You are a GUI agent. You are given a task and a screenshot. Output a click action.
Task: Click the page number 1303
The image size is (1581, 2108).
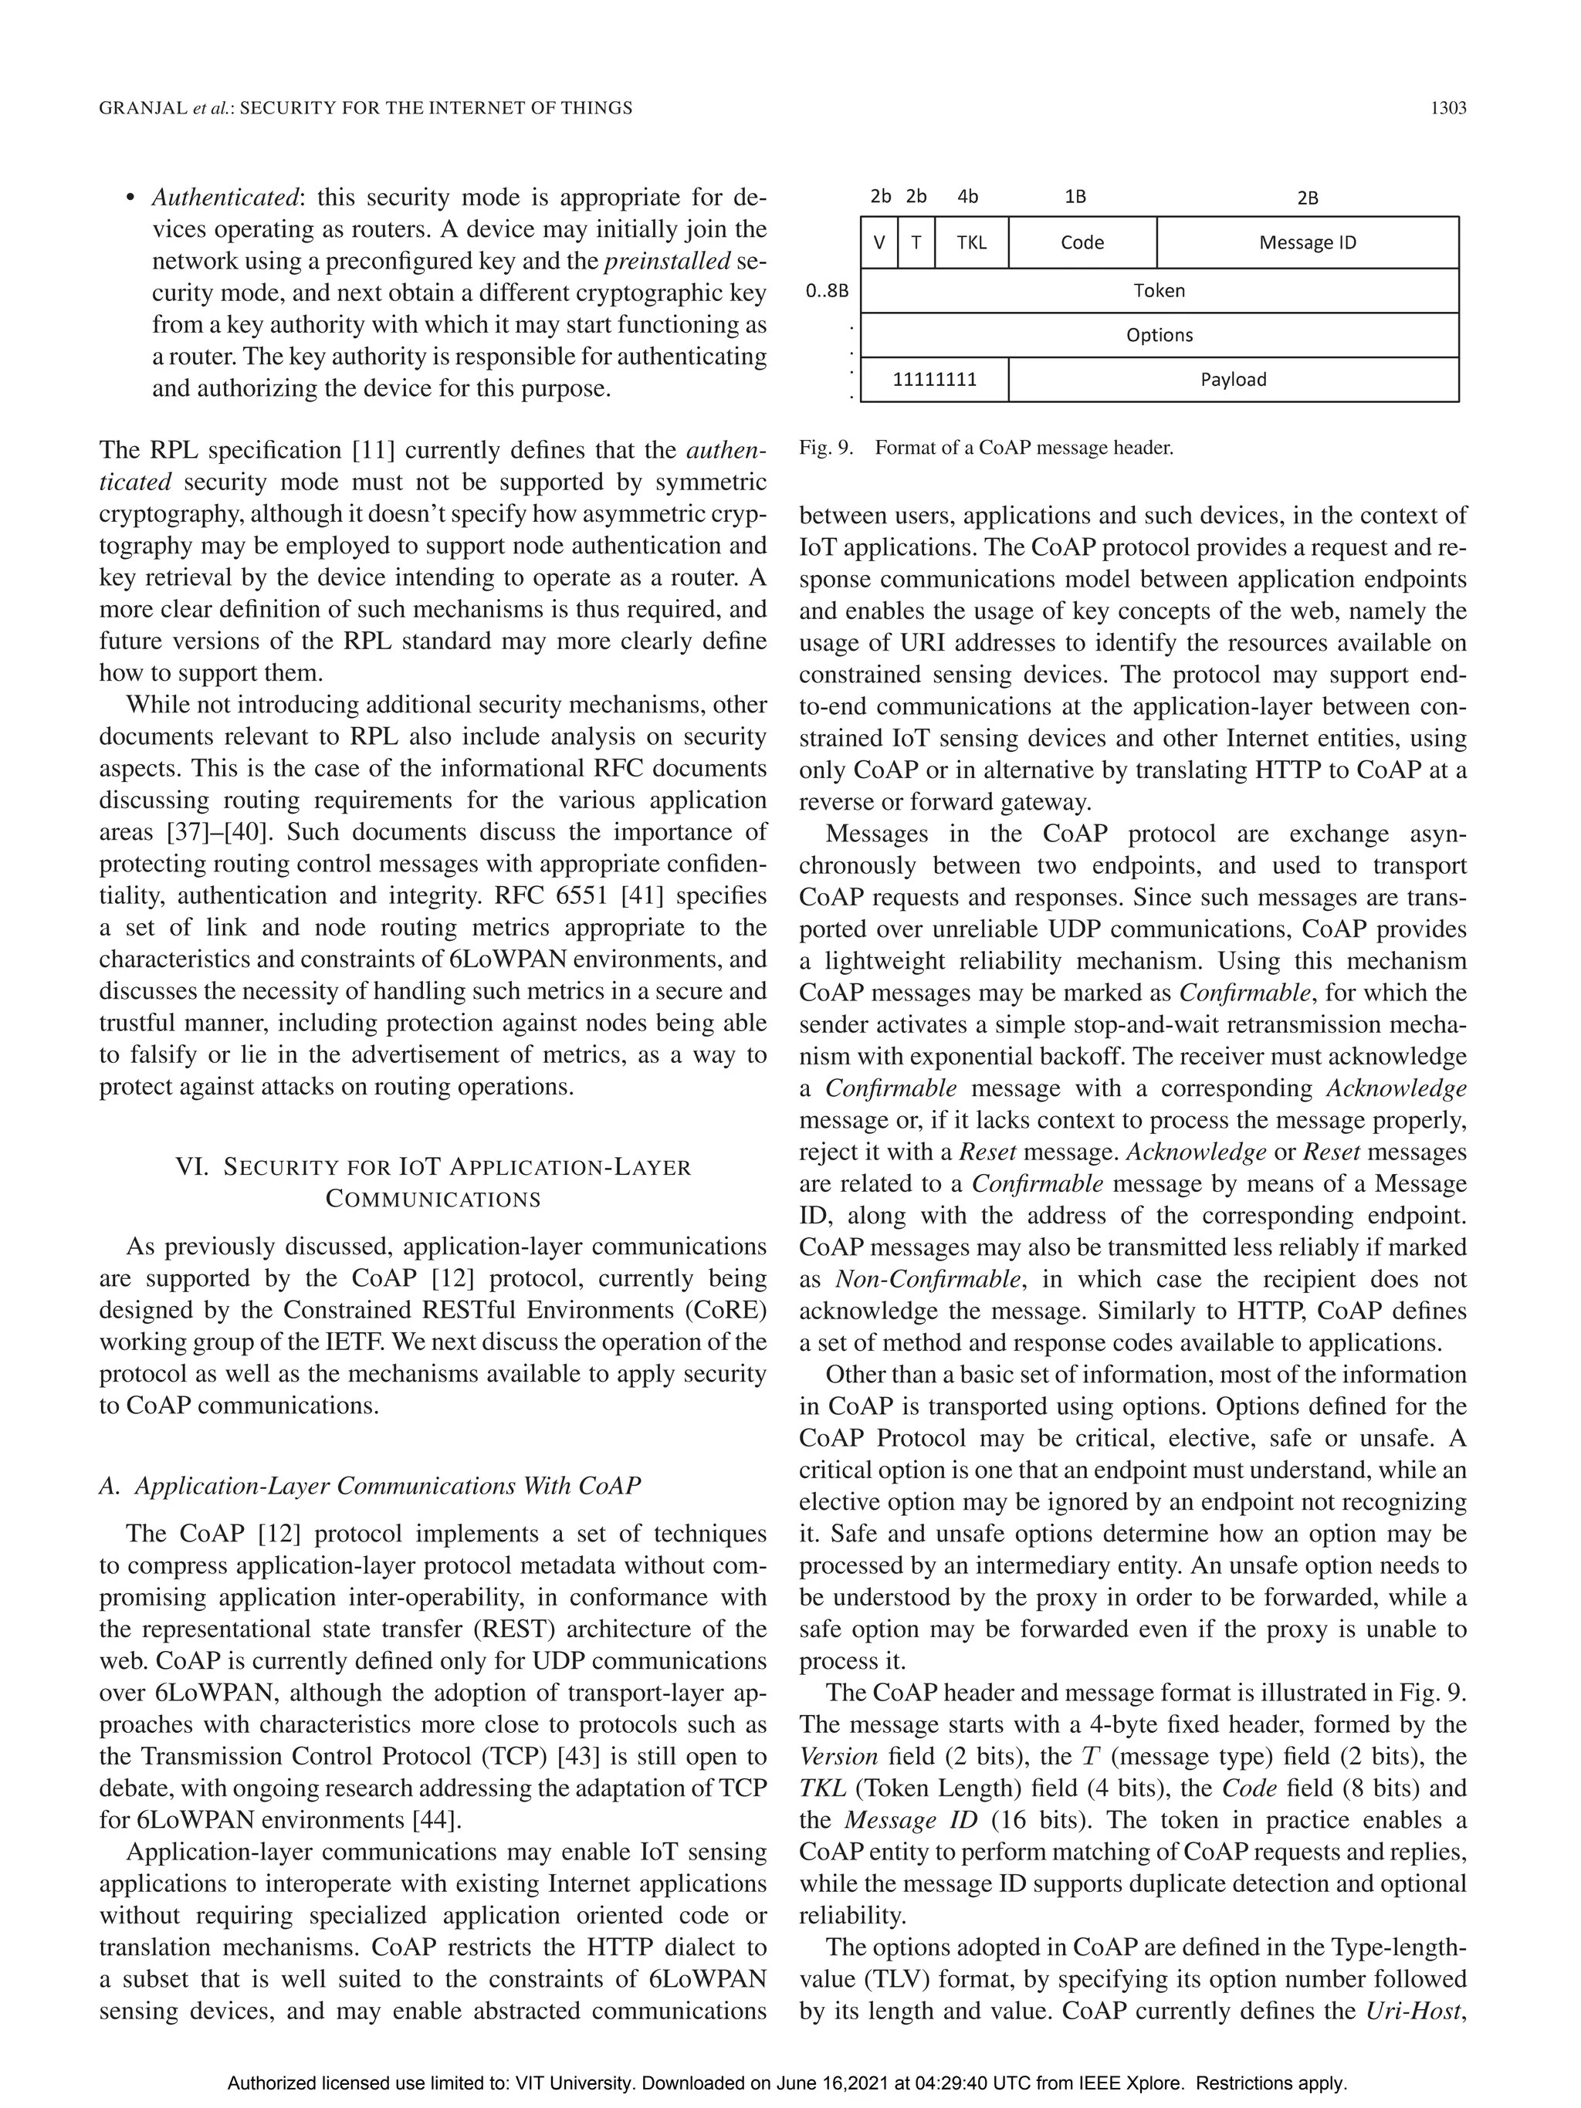1447,109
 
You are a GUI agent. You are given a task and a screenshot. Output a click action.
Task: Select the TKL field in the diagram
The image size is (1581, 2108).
971,243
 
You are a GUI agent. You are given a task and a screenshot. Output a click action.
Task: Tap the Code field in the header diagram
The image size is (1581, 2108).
1082,243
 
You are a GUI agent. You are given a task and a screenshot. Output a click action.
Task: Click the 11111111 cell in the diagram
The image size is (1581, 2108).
934,379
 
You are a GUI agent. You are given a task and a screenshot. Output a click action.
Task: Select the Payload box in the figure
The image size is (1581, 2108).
1233,379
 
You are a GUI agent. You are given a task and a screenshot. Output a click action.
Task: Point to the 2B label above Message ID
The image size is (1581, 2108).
1308,198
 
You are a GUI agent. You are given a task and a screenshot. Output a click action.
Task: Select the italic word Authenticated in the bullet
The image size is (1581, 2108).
225,198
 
